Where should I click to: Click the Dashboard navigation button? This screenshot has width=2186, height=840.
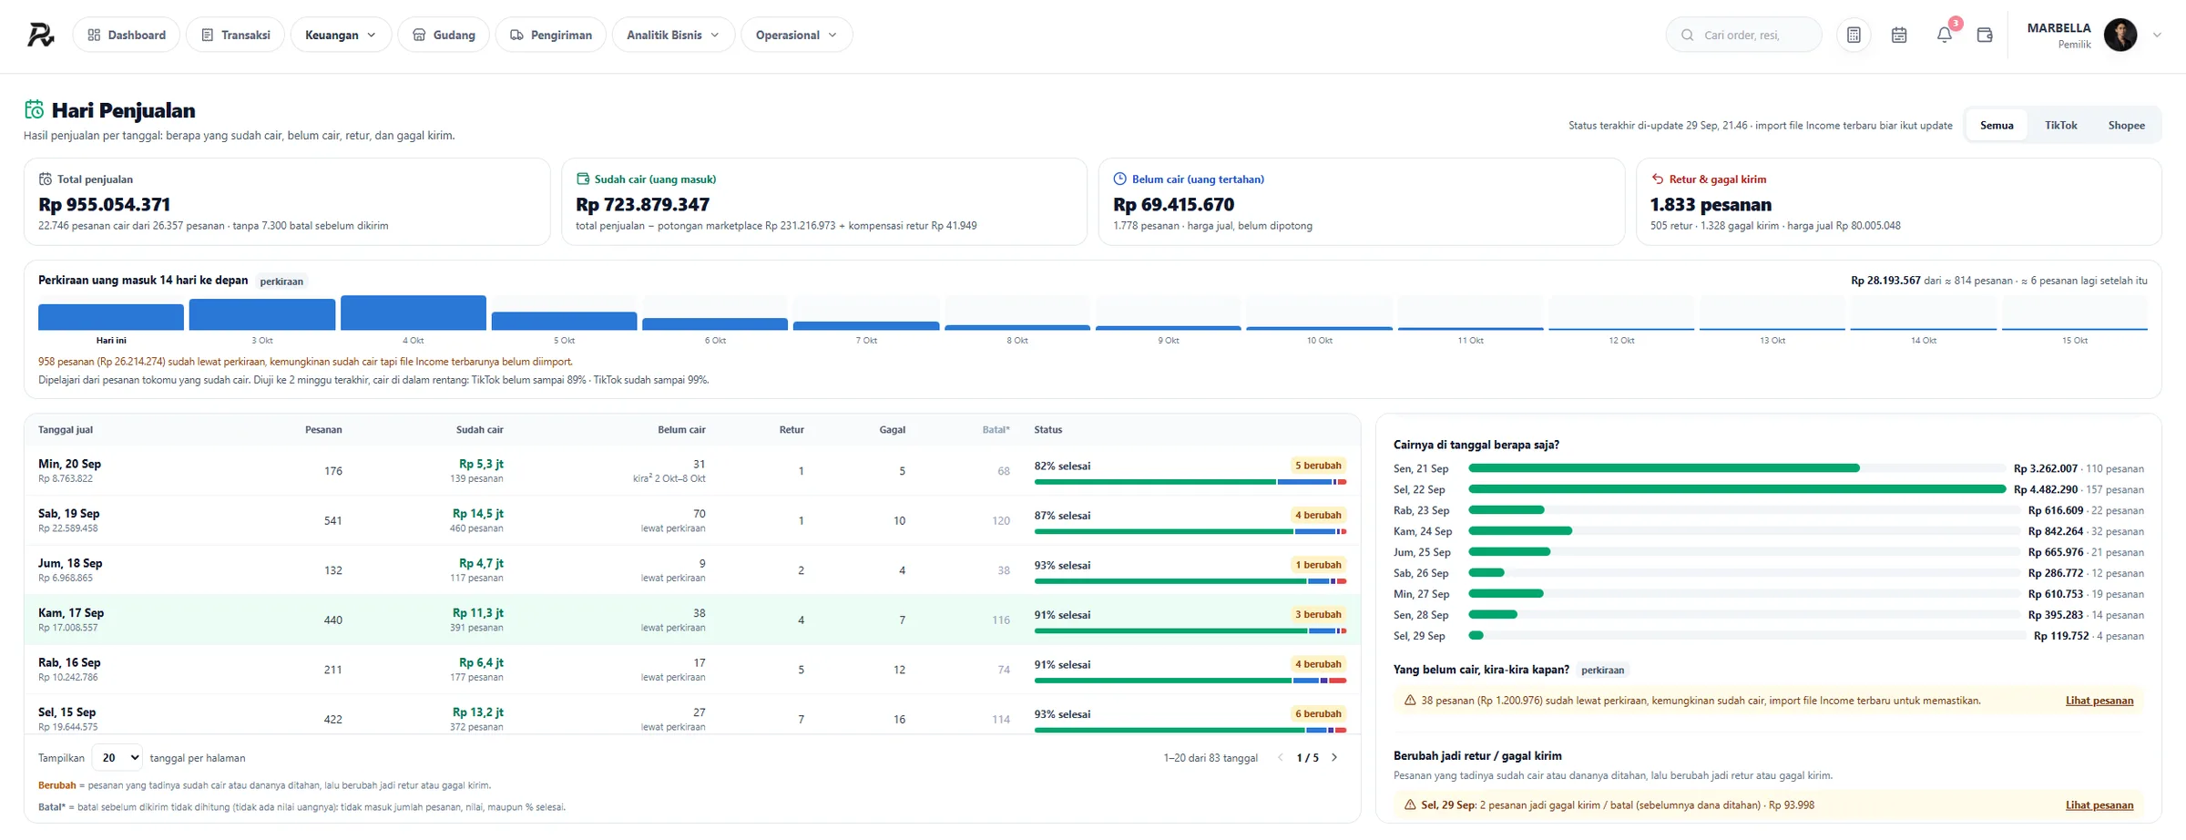coord(126,35)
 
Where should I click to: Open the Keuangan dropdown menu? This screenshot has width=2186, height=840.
coord(341,35)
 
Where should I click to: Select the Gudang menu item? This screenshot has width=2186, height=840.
coord(444,35)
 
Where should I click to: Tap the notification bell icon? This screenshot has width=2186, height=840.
coord(1944,35)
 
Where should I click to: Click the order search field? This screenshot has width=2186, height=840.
coord(1743,35)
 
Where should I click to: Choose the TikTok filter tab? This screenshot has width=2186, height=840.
coord(2060,125)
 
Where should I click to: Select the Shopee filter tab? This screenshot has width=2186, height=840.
coord(2126,125)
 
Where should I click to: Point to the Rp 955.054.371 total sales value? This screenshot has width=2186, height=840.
coord(105,204)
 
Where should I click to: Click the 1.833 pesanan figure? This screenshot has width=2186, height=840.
coord(1711,204)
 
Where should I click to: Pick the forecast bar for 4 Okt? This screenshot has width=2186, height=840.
coord(414,312)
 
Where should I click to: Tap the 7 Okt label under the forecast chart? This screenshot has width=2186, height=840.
coord(866,340)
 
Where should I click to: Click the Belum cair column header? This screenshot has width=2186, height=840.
coord(681,429)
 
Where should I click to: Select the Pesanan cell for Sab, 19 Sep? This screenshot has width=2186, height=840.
coord(333,520)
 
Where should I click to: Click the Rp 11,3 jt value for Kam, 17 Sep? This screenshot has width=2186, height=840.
coord(478,612)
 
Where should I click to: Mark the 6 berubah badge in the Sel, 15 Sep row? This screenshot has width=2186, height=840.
coord(1318,713)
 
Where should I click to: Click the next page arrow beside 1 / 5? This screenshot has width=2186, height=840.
coord(1334,757)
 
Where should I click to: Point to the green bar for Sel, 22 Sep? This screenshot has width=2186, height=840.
coord(1737,489)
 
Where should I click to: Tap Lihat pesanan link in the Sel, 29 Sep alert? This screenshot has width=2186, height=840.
coord(2099,804)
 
